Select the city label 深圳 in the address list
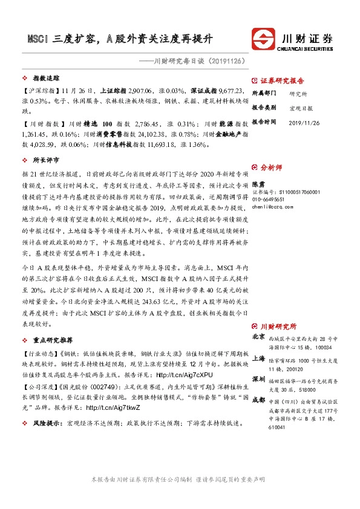[x=258, y=378]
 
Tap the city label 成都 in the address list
[x=258, y=399]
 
